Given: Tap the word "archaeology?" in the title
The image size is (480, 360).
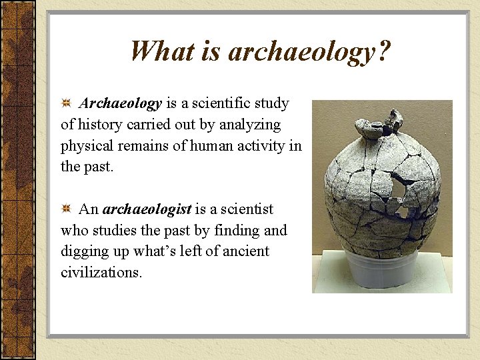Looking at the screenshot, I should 309,52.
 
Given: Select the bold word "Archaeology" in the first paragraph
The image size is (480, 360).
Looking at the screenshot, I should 121,104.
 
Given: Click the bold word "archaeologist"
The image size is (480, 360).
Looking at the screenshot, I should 147,209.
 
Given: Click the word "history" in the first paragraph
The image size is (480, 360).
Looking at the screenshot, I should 100,125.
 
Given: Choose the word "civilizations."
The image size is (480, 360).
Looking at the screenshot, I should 101,273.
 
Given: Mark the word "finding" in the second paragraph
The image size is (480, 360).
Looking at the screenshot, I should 237,231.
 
